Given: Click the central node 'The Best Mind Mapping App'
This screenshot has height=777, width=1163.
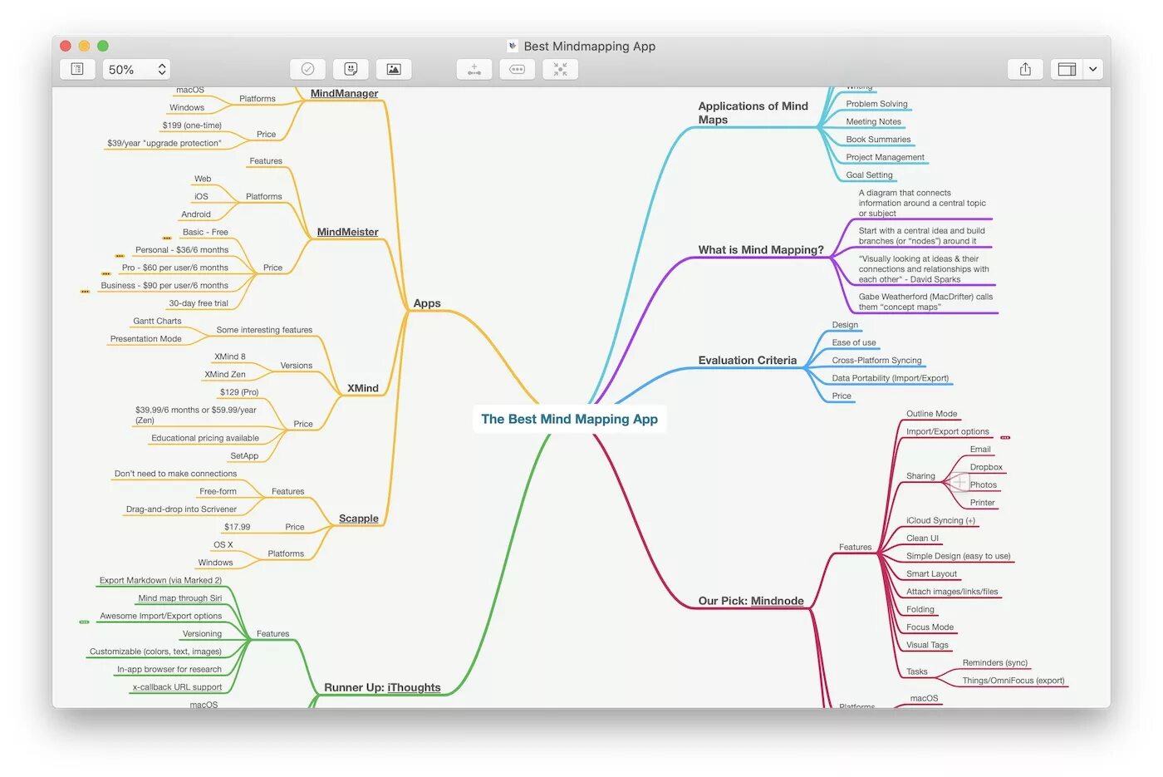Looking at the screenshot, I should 569,419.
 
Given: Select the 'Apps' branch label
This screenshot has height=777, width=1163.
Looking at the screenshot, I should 427,303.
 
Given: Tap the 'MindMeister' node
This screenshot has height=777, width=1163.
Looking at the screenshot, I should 347,232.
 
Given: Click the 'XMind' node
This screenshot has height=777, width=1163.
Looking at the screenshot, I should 362,388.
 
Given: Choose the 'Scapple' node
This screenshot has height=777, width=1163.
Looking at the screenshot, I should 358,519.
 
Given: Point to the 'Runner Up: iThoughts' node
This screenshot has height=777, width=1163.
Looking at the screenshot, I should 382,687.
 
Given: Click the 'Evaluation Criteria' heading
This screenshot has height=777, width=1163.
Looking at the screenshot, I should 747,360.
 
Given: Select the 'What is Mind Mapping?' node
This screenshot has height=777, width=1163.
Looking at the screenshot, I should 760,249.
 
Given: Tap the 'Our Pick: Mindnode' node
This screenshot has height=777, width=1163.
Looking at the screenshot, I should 750,601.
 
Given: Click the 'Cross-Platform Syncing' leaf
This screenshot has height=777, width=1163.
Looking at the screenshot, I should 876,361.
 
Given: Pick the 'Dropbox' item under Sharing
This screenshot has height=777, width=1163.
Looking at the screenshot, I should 985,467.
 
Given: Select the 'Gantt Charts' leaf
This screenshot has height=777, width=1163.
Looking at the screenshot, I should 157,321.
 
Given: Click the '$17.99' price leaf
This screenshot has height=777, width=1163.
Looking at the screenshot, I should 237,527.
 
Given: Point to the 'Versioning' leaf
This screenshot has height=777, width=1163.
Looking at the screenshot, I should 202,634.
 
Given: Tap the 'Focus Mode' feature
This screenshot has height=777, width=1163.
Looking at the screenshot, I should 930,627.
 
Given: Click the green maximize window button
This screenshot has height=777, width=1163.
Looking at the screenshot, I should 103,46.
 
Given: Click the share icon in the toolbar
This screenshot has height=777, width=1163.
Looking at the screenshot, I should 1025,70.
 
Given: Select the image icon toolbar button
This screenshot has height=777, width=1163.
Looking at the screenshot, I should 394,70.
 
